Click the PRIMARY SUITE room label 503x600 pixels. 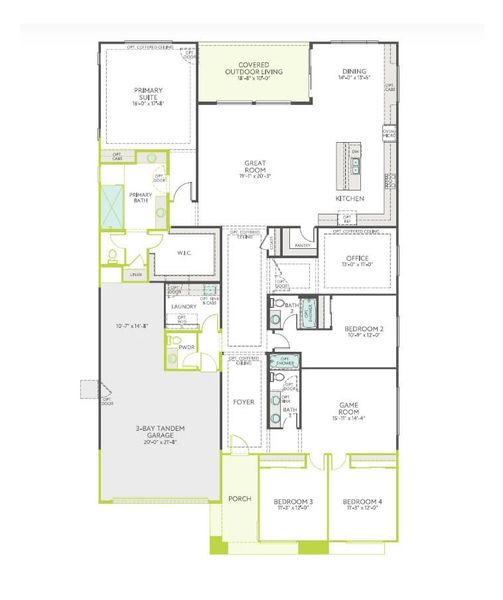click(148, 95)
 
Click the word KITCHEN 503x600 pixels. click(349, 198)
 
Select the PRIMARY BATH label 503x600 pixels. click(140, 197)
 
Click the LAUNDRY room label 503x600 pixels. click(184, 306)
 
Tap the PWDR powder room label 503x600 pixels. click(186, 348)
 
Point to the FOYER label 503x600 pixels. click(243, 404)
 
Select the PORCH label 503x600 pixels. click(239, 498)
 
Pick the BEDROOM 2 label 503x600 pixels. click(364, 329)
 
